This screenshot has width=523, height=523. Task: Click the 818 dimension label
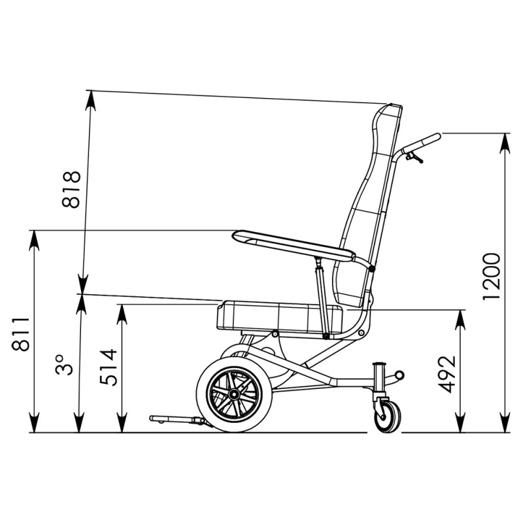(x=71, y=190)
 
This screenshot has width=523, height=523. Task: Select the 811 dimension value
(x=21, y=334)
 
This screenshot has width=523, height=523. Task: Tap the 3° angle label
(x=64, y=365)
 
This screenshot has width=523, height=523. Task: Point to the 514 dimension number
(x=109, y=367)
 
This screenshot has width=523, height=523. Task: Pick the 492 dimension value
(x=447, y=374)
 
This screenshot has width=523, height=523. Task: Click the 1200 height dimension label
(x=492, y=277)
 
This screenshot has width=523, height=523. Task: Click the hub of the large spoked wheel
(x=234, y=395)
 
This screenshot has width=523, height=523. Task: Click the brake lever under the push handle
(x=414, y=157)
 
